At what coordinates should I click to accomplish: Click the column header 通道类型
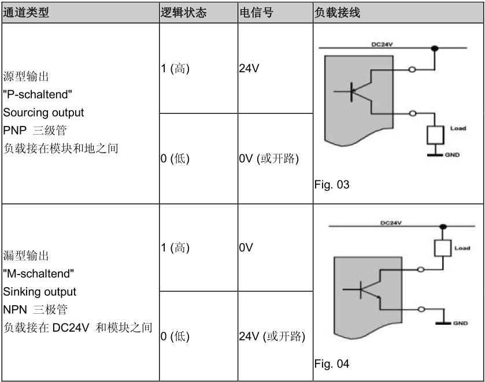pos(27,13)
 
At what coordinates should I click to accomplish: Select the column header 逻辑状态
pos(184,13)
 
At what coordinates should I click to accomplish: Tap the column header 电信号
pos(256,13)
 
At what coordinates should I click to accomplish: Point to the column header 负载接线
pos(337,13)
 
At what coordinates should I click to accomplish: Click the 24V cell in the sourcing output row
pos(249,68)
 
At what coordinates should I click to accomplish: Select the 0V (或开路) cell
pos(269,160)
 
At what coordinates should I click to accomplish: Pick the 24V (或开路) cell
pos(271,336)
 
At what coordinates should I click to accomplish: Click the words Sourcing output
pos(43,112)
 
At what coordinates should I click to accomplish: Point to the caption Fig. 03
pos(332,186)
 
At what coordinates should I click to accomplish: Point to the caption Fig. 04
pos(332,365)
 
